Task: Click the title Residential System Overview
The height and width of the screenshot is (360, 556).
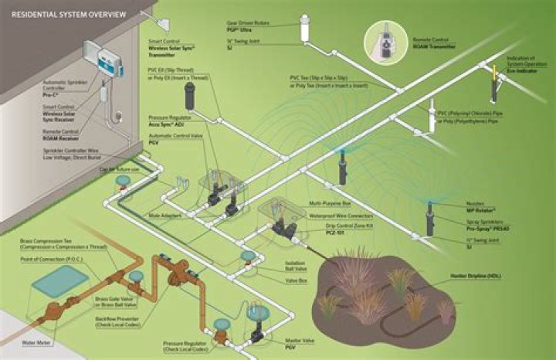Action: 58,13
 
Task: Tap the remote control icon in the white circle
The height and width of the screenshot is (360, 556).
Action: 382,38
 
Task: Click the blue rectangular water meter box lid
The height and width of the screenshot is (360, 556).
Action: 59,282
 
